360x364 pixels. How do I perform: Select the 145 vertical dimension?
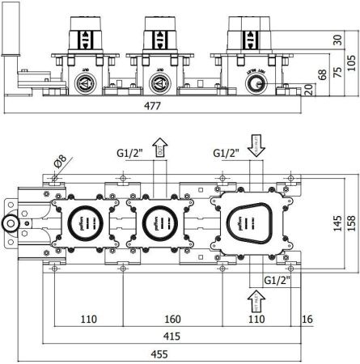click(334, 220)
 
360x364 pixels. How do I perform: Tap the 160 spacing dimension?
click(172, 320)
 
